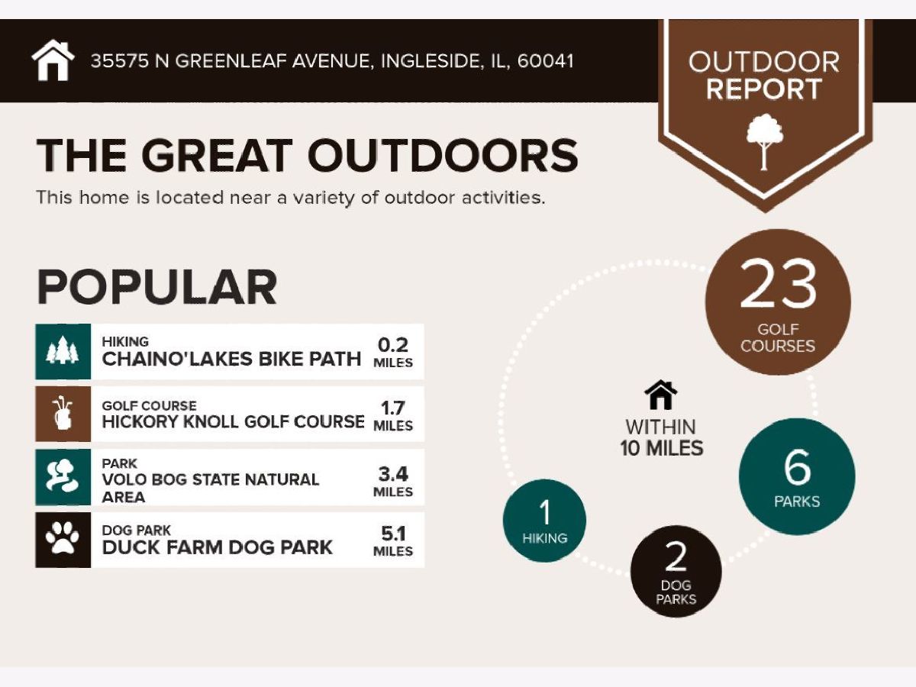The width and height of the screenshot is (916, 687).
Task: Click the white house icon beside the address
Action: tap(53, 60)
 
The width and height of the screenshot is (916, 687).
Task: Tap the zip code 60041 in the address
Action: tap(546, 61)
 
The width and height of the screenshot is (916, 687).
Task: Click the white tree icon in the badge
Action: tap(765, 142)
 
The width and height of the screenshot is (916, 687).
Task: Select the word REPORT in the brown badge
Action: tap(763, 89)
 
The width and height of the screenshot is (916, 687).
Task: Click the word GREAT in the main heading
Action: tap(217, 155)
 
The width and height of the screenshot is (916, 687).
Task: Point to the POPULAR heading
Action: tap(157, 287)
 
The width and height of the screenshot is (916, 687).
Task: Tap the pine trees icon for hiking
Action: tap(63, 350)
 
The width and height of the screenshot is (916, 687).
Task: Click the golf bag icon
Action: tap(63, 414)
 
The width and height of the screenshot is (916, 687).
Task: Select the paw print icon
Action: tap(63, 539)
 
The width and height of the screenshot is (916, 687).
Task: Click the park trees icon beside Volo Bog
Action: tap(63, 476)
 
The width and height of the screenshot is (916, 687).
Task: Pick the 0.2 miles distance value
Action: tap(392, 345)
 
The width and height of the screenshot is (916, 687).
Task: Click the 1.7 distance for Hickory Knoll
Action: tap(392, 408)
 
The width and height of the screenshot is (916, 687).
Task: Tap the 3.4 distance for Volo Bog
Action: tap(392, 474)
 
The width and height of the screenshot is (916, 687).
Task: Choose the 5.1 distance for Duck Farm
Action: tap(392, 534)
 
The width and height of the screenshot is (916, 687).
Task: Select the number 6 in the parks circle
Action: tap(797, 468)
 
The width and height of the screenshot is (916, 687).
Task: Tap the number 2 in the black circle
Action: tap(676, 556)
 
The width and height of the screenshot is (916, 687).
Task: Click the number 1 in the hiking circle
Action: tap(544, 512)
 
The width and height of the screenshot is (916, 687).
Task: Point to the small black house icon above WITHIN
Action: tap(660, 395)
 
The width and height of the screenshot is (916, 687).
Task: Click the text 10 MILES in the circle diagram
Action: tap(662, 448)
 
